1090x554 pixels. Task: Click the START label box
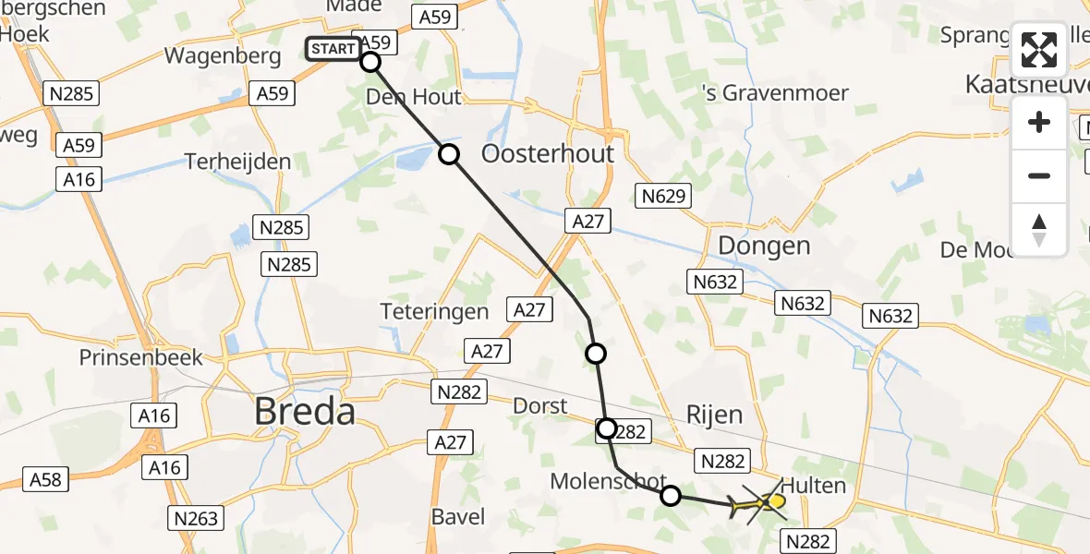pyautogui.click(x=332, y=49)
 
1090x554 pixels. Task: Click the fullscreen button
pyautogui.click(x=1039, y=50)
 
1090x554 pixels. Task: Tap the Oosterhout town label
pyautogui.click(x=548, y=153)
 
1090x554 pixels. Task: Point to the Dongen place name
pyautogui.click(x=764, y=246)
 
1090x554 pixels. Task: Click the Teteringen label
pyautogui.click(x=434, y=311)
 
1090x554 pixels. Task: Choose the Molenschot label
pyautogui.click(x=608, y=481)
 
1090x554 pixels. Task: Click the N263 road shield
pyautogui.click(x=193, y=518)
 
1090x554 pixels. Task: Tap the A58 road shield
pyautogui.click(x=45, y=479)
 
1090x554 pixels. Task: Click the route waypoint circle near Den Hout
pyautogui.click(x=449, y=154)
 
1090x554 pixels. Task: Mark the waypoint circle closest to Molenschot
pyautogui.click(x=671, y=496)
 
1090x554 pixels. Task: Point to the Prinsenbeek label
pyautogui.click(x=140, y=357)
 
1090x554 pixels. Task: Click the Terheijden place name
pyautogui.click(x=237, y=162)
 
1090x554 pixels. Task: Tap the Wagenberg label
pyautogui.click(x=222, y=56)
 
